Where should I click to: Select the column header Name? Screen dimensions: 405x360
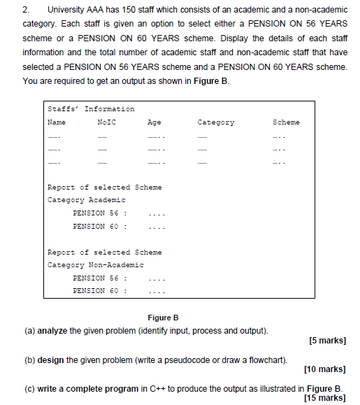pyautogui.click(x=56, y=122)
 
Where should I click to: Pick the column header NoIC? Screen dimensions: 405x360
pyautogui.click(x=106, y=122)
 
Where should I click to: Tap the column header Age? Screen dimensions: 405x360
pyautogui.click(x=154, y=122)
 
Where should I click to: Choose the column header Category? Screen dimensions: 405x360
pyautogui.click(x=216, y=122)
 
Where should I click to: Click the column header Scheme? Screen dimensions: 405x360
pyautogui.click(x=286, y=122)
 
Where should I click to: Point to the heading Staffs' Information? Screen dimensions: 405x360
pyautogui.click(x=91, y=108)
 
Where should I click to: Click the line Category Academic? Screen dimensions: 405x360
pyautogui.click(x=76, y=199)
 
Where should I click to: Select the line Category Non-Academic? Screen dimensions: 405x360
pyautogui.click(x=95, y=264)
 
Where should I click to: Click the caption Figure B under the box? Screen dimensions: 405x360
pyautogui.click(x=163, y=317)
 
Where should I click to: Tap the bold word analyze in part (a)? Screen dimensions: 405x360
pyautogui.click(x=52, y=329)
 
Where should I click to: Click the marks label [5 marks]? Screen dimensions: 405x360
pyautogui.click(x=327, y=341)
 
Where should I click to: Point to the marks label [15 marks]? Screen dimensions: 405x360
pyautogui.click(x=325, y=397)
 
